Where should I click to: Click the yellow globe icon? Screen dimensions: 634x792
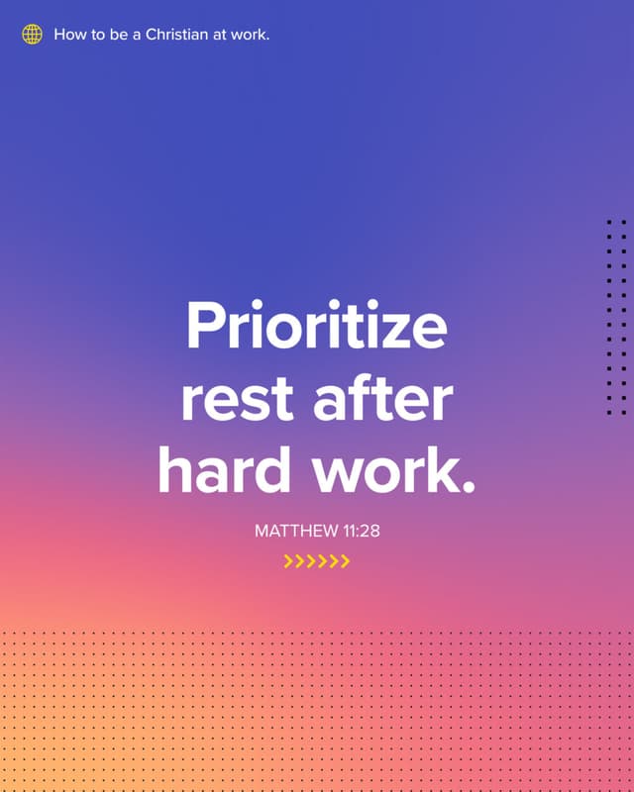click(x=32, y=35)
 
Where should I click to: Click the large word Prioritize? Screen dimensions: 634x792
click(x=317, y=325)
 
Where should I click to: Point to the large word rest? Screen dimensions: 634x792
click(x=237, y=400)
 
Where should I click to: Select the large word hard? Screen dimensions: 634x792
click(x=225, y=468)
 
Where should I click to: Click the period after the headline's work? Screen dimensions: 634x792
click(x=470, y=487)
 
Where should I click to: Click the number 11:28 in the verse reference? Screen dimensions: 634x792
click(x=362, y=531)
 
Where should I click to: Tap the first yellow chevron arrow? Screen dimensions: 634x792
click(x=288, y=561)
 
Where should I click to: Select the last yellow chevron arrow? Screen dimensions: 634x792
click(x=345, y=561)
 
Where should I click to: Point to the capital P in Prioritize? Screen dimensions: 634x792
click(x=206, y=325)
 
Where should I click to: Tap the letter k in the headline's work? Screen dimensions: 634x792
click(x=445, y=469)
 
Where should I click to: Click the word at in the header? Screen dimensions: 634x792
click(x=219, y=36)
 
